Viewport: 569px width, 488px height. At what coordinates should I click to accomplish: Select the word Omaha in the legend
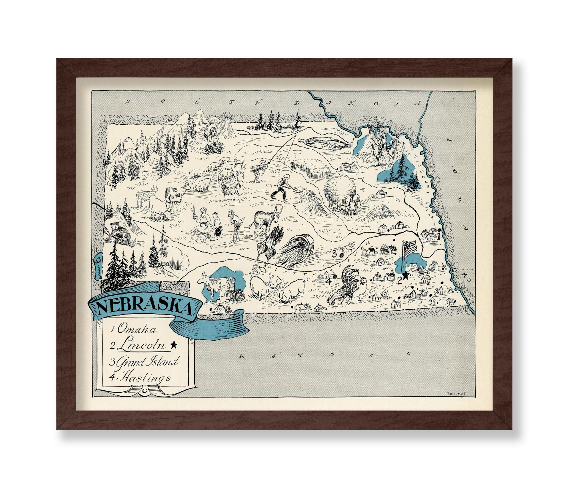pos(136,329)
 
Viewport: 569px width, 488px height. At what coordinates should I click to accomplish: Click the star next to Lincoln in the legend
pos(173,345)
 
